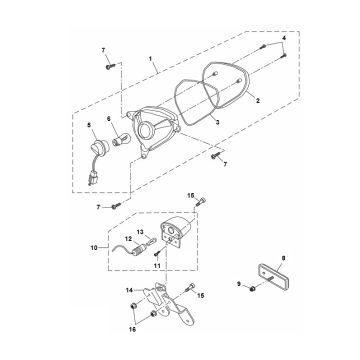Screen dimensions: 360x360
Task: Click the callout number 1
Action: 150,58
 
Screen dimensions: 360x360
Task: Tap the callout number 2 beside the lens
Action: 258,100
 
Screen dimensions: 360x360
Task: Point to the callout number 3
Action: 217,122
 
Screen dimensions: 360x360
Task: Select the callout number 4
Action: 284,38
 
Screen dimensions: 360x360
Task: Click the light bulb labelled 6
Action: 119,139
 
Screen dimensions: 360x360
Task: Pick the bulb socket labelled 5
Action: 101,147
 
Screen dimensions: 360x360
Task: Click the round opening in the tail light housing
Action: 145,131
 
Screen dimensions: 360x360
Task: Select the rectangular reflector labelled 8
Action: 275,275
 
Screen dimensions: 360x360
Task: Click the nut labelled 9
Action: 253,288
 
